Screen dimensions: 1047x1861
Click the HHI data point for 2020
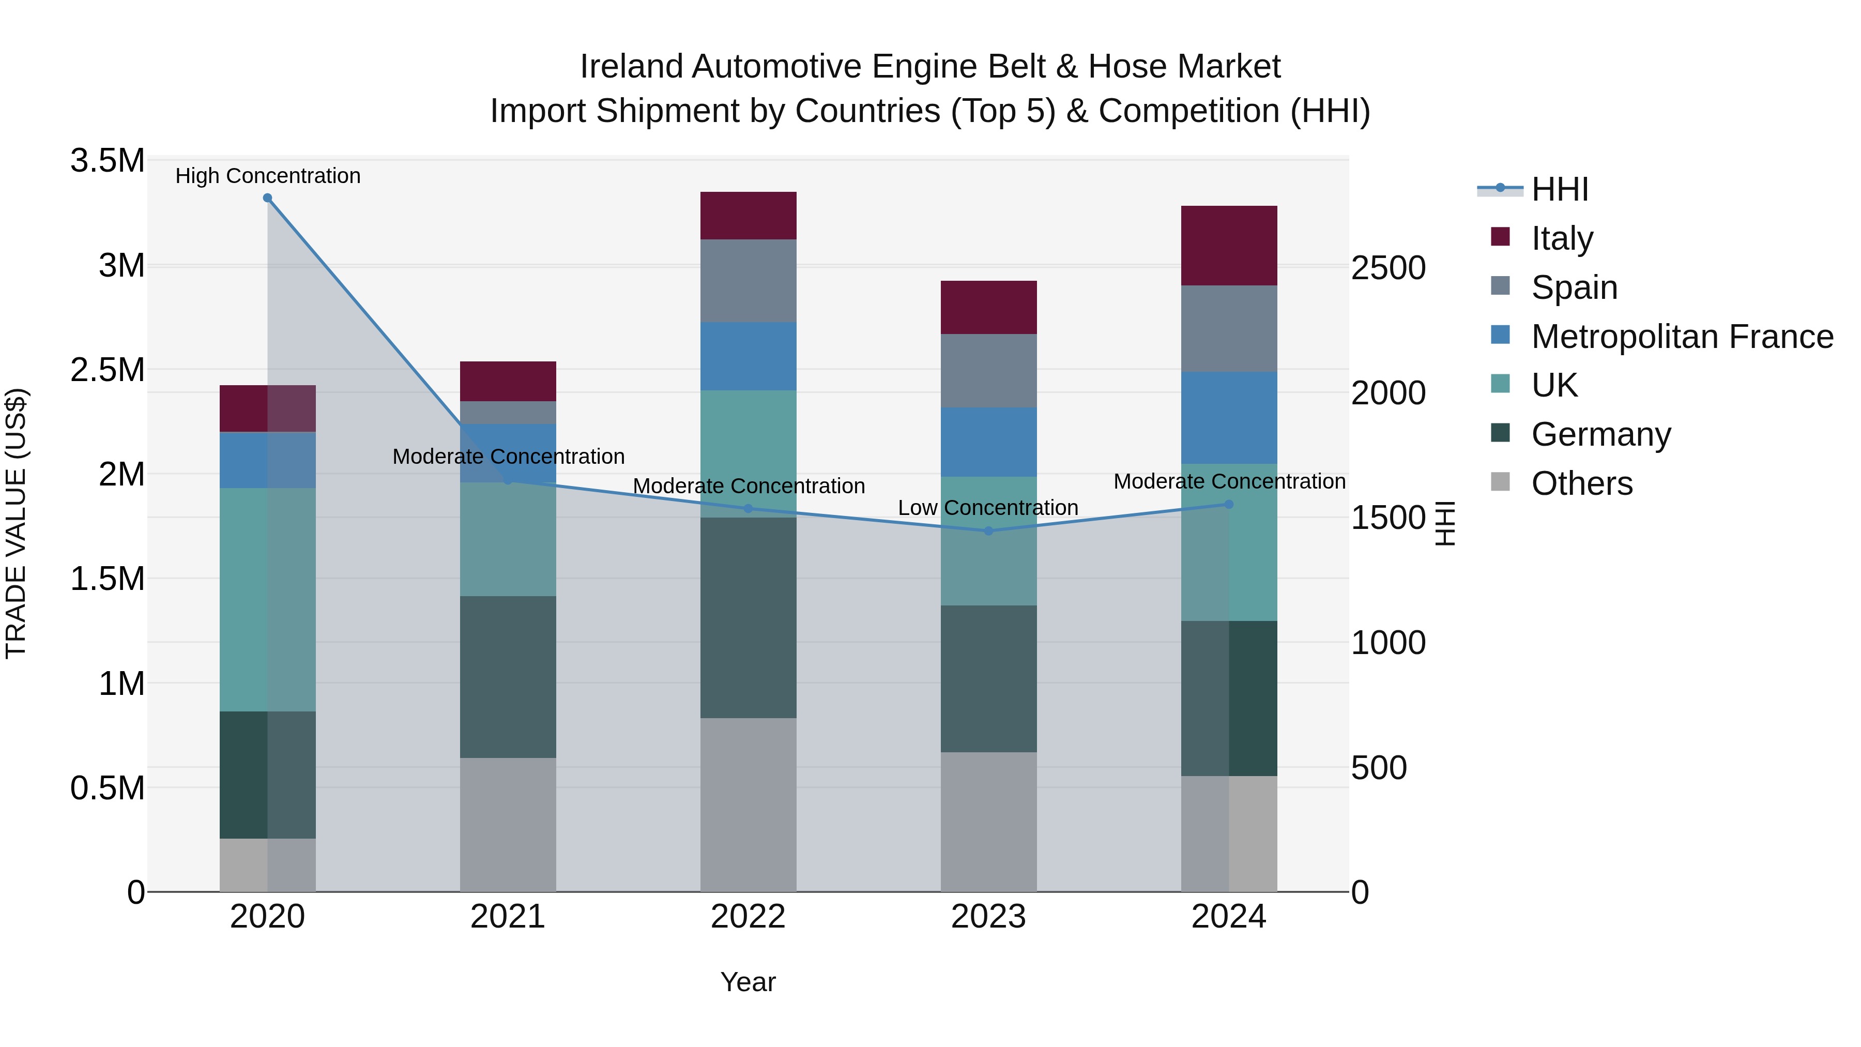pyautogui.click(x=267, y=198)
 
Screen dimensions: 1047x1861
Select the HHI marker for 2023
pyautogui.click(x=988, y=531)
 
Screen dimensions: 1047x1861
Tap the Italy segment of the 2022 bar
pyautogui.click(x=749, y=215)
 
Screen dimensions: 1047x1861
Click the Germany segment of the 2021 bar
pyautogui.click(x=508, y=676)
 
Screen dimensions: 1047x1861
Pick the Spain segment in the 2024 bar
pyautogui.click(x=1229, y=329)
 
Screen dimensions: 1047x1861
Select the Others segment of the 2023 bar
pyautogui.click(x=988, y=822)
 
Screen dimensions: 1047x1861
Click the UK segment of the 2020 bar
pyautogui.click(x=267, y=600)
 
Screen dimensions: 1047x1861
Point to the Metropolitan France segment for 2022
pyautogui.click(x=749, y=356)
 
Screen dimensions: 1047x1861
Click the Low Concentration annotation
pyautogui.click(x=987, y=508)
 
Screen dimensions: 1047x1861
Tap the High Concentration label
pyautogui.click(x=267, y=176)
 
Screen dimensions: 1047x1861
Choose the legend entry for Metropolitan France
pyautogui.click(x=1682, y=337)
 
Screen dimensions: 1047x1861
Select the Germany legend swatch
pyautogui.click(x=1501, y=434)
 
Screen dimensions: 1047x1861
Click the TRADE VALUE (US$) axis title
pyautogui.click(x=16, y=523)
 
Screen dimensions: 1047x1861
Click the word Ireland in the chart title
pyautogui.click(x=631, y=67)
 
